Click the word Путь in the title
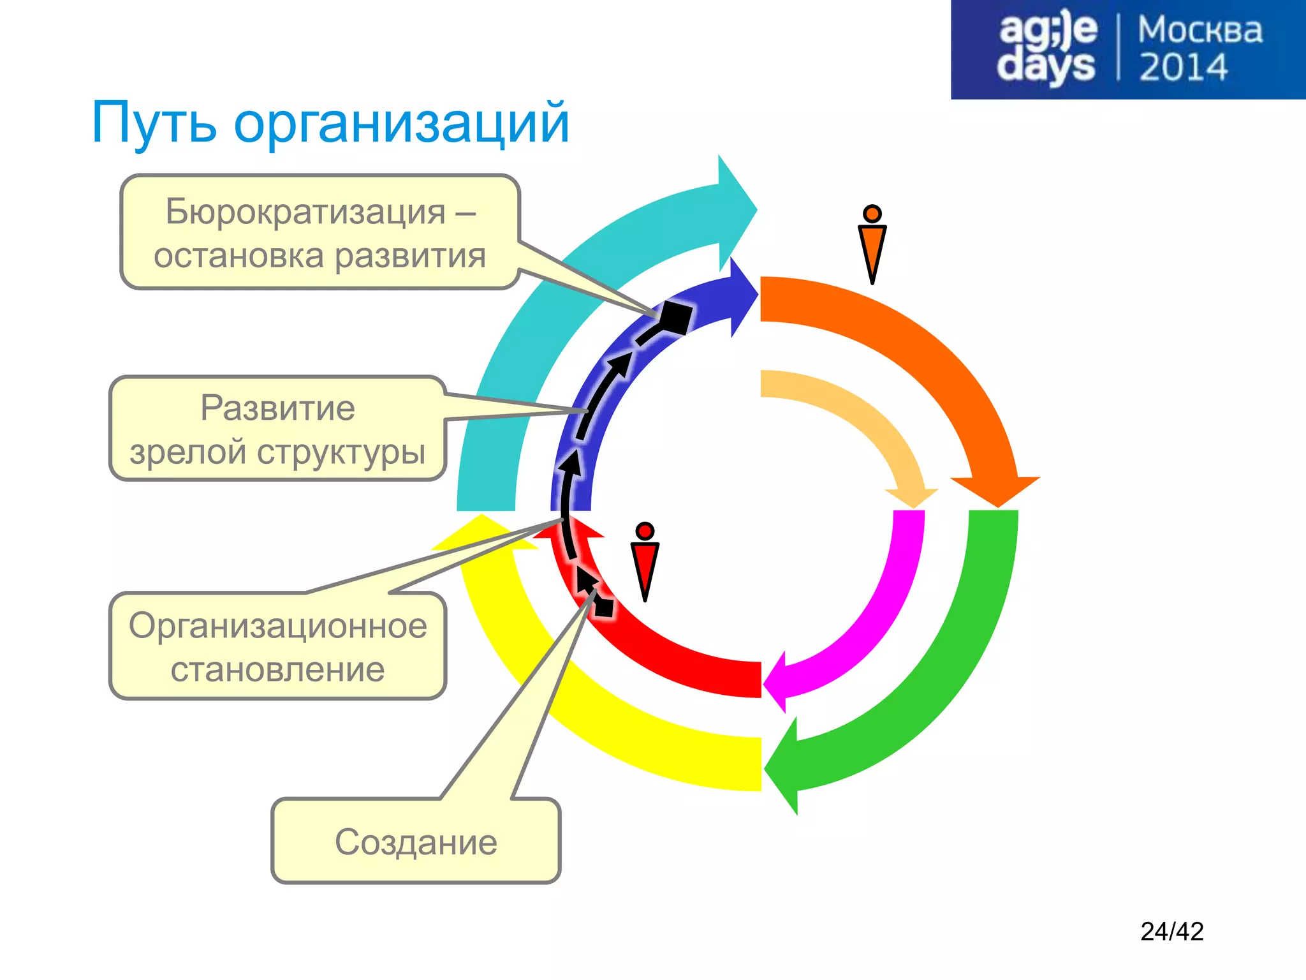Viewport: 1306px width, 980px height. [154, 123]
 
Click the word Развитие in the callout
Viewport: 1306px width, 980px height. [277, 408]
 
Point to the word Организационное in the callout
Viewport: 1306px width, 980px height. [277, 625]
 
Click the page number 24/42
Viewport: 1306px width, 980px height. [1171, 932]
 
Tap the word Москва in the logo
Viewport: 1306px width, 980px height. [1200, 30]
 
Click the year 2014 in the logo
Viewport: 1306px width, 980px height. [1183, 68]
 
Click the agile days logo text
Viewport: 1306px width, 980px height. [1046, 48]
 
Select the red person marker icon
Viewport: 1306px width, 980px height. [645, 561]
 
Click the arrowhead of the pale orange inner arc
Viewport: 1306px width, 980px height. [913, 498]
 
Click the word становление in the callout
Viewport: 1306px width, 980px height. [277, 670]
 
